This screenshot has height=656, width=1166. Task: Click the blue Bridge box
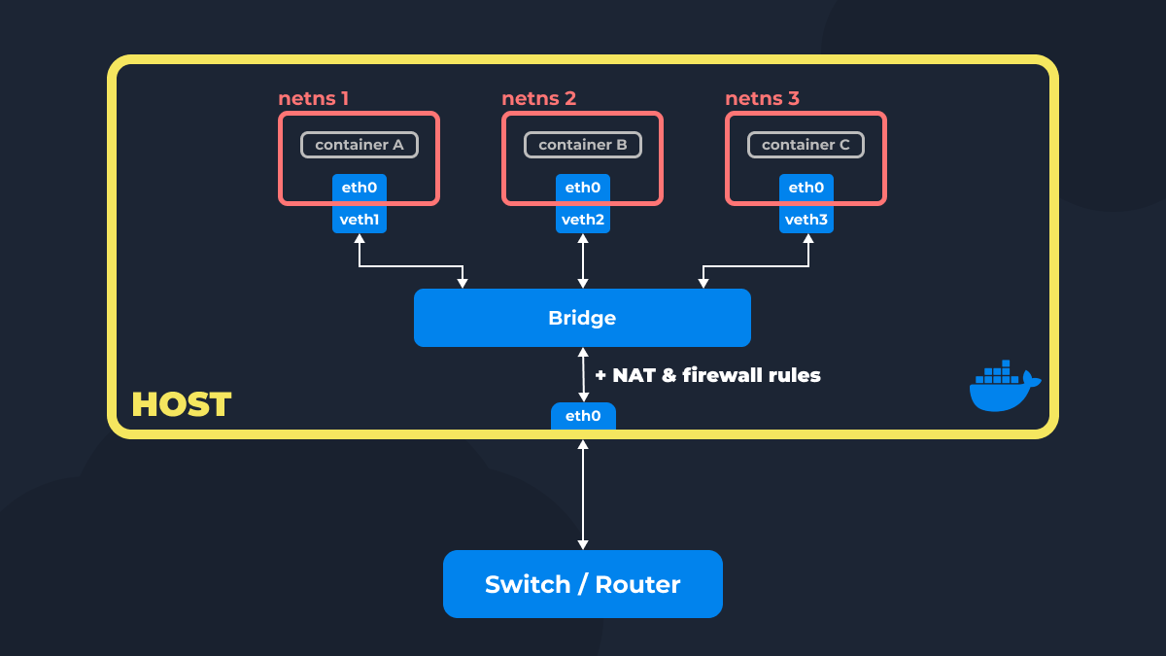point(582,318)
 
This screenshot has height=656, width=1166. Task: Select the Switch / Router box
point(582,584)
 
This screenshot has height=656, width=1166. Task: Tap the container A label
point(360,145)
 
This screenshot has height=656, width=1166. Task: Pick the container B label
point(583,145)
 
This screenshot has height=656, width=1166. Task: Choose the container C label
point(806,145)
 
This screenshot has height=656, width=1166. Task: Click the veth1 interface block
point(360,220)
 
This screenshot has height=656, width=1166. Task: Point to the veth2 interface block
point(583,220)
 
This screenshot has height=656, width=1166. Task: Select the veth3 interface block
point(806,220)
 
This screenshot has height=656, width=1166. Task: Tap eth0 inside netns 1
point(360,188)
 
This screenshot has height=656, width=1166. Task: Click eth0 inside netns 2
point(583,188)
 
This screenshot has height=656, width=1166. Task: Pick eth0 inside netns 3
point(806,188)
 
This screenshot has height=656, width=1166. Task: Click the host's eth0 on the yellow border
point(583,416)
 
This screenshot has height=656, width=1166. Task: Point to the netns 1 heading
point(313,98)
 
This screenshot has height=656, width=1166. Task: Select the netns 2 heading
point(538,98)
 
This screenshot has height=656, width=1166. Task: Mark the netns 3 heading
point(762,98)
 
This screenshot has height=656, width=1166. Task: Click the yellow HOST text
point(182,404)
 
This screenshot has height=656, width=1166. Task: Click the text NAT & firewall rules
point(707,375)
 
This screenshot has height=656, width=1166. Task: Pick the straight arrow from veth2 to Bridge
point(583,260)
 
